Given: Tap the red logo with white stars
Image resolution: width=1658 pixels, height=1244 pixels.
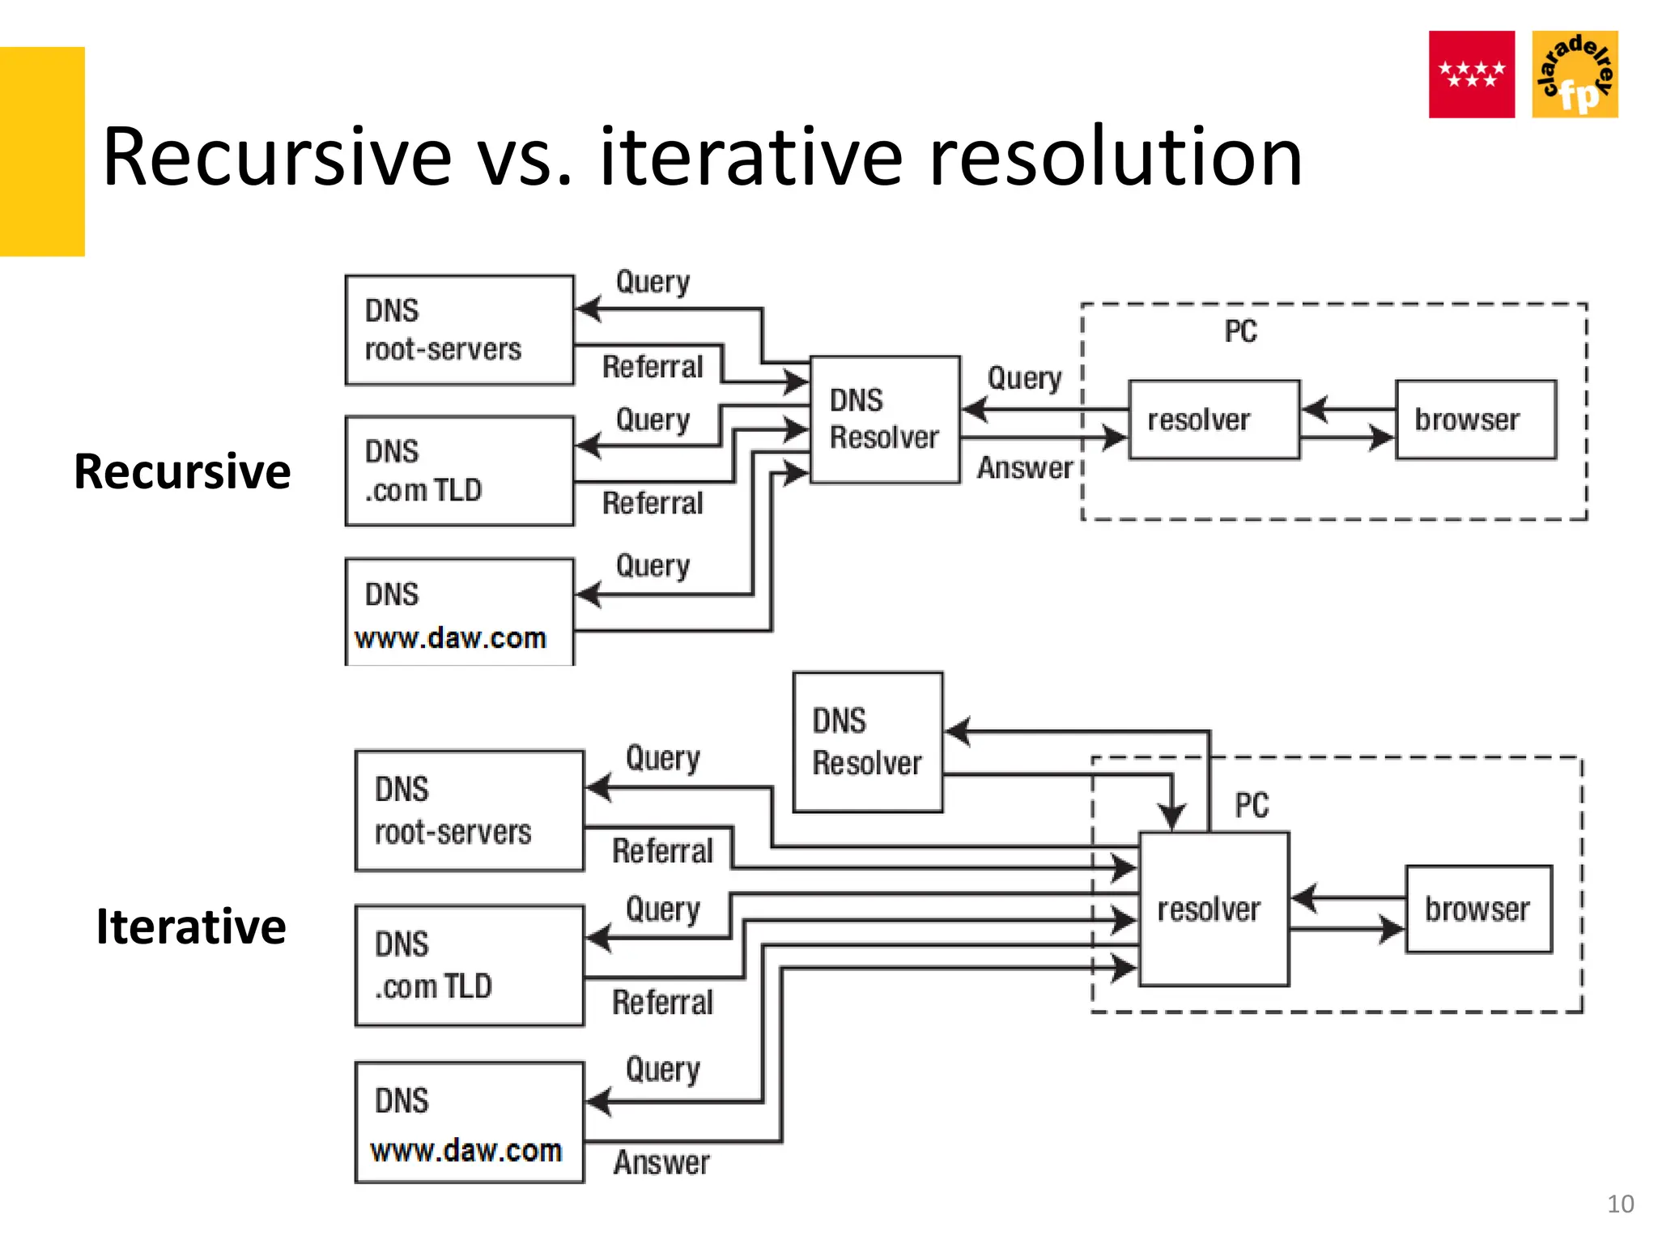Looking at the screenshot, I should (x=1471, y=75).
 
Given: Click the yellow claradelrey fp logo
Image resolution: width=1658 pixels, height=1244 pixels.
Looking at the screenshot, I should (x=1575, y=75).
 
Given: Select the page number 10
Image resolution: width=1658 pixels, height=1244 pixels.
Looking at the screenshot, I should (x=1620, y=1204).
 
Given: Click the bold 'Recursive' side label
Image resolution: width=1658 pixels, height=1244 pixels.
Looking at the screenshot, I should (x=182, y=471).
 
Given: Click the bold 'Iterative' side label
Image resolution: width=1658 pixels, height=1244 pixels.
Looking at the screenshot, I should (x=191, y=927).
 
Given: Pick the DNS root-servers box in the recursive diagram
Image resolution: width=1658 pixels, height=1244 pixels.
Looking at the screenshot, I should (x=459, y=330).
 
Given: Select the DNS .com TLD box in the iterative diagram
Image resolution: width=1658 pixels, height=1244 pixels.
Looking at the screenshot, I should (x=469, y=965).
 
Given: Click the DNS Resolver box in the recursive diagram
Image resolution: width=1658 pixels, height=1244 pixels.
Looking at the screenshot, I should (x=884, y=420).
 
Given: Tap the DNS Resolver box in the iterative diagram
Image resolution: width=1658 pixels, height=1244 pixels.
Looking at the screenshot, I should (x=867, y=742).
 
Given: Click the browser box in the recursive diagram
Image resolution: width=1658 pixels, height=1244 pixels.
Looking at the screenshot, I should (x=1475, y=420).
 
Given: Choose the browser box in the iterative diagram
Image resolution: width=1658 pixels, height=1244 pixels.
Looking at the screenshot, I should (x=1478, y=909).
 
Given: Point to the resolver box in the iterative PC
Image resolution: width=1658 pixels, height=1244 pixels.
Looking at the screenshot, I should (x=1213, y=909).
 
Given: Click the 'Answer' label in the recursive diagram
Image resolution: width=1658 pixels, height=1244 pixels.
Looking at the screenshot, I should (x=1025, y=468).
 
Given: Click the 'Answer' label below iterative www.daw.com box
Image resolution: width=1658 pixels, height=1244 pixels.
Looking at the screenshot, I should (x=661, y=1163).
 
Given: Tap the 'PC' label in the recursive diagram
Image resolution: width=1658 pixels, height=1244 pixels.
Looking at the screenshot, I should (x=1240, y=331).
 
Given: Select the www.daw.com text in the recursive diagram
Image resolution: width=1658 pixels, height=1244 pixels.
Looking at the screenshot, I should (x=451, y=638).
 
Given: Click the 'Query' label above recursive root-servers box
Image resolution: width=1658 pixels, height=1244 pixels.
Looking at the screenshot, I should (x=653, y=282).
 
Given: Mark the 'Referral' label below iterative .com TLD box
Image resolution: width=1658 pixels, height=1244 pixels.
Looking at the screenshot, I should (x=662, y=1003).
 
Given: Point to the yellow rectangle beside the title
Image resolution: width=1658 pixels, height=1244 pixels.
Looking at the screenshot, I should (x=42, y=151).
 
